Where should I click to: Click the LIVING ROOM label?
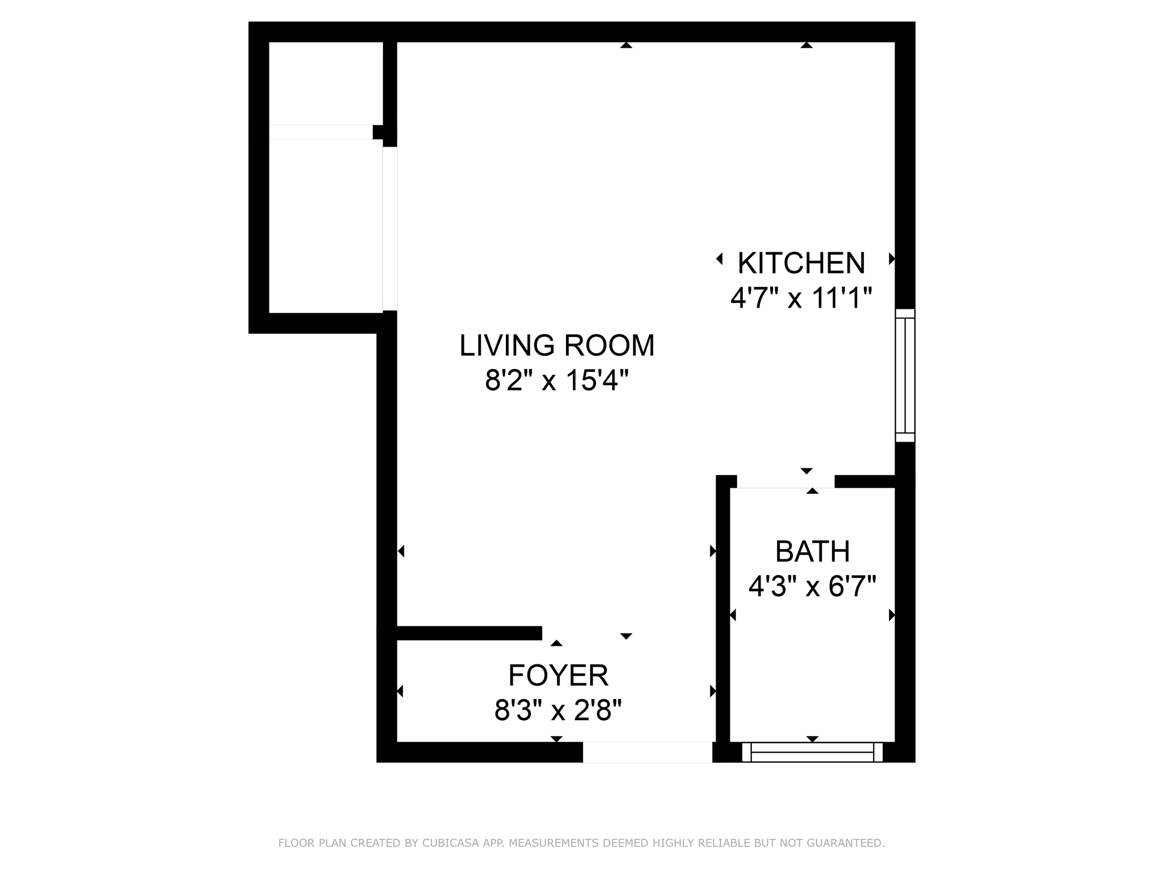click(557, 346)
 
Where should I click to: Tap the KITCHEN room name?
click(801, 263)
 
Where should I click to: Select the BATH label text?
click(812, 551)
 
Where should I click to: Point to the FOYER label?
click(558, 676)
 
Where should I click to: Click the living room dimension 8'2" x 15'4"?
click(557, 380)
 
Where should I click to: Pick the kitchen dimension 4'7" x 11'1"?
click(801, 297)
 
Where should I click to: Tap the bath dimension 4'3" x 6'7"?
click(812, 586)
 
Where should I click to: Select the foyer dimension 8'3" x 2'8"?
click(558, 710)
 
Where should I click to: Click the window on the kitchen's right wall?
click(905, 376)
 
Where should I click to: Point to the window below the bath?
click(812, 752)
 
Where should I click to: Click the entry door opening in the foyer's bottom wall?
click(647, 752)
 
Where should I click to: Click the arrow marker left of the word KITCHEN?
click(720, 259)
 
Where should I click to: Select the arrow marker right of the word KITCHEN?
click(892, 259)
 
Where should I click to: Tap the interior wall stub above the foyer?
click(469, 633)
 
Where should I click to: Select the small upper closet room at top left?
click(326, 83)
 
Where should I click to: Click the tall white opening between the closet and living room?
click(390, 228)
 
